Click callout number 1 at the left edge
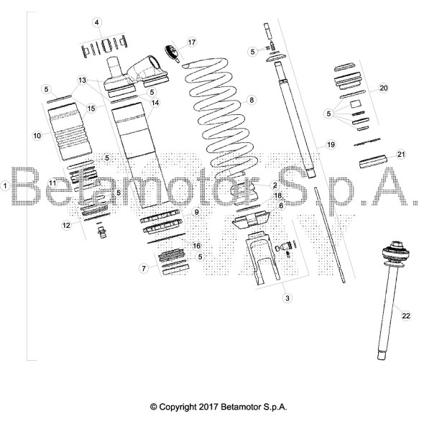pos(5,186)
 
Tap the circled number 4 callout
pos(97,23)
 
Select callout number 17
pos(191,42)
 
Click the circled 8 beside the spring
pos(252,101)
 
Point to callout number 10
pos(37,136)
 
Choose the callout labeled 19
pos(331,145)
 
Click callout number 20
pos(384,88)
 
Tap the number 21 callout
pos(401,155)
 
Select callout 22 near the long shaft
pos(406,315)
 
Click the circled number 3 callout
pos(287,298)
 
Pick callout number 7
pos(144,269)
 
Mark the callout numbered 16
pos(197,246)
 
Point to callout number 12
pos(67,225)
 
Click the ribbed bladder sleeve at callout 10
pos(70,132)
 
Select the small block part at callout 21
pos(373,162)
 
